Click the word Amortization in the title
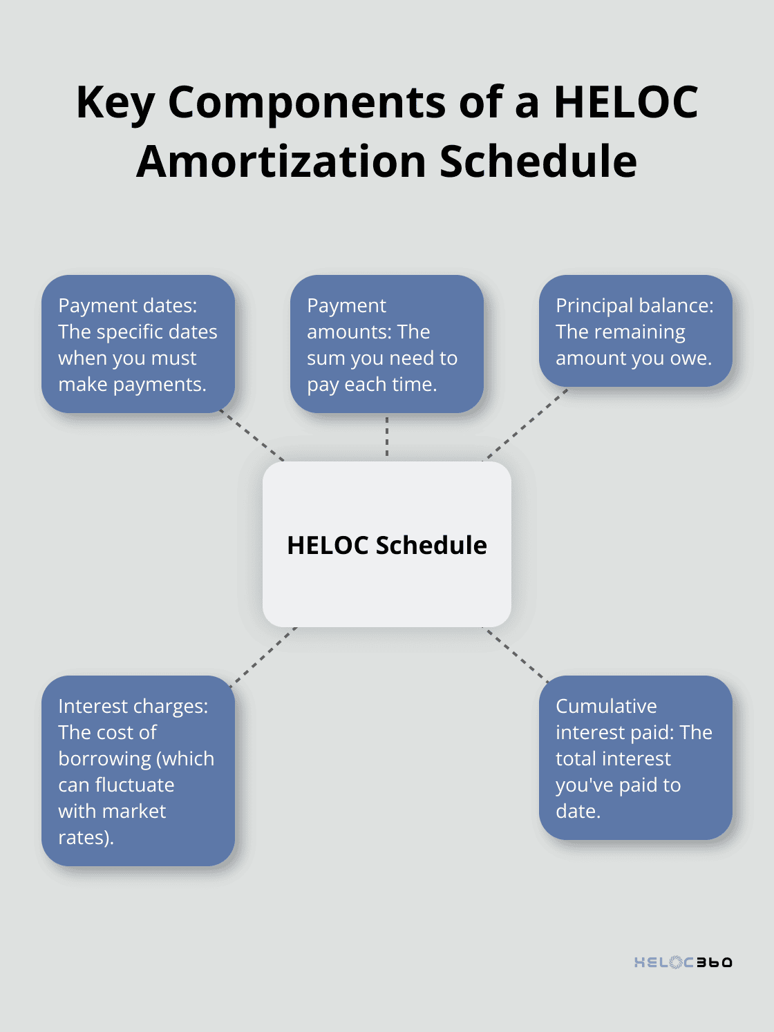(281, 162)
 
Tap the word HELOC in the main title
(625, 102)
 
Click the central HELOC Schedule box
(387, 544)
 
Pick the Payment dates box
(138, 344)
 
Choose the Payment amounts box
(387, 344)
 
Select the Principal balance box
(635, 331)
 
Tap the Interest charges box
(138, 771)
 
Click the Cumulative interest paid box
(635, 758)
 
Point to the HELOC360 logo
(683, 962)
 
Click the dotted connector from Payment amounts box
(387, 437)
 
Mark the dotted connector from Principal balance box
(525, 425)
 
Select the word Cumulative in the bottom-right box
(606, 706)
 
